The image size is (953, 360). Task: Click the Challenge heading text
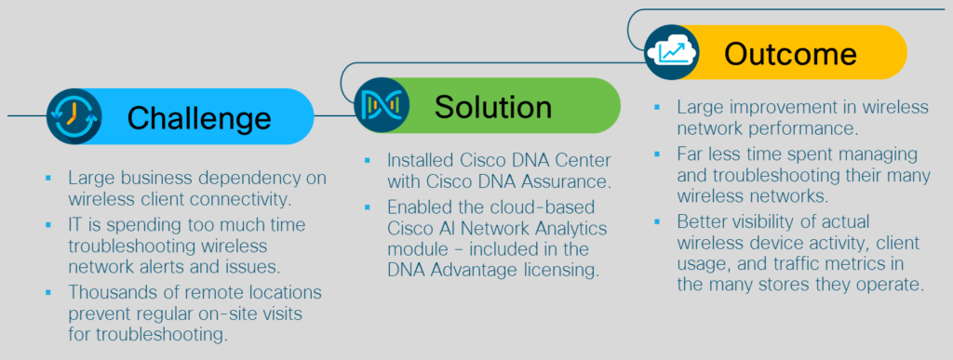tap(199, 118)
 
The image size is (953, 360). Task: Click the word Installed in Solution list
tap(421, 161)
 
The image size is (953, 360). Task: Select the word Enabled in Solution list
tap(417, 207)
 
